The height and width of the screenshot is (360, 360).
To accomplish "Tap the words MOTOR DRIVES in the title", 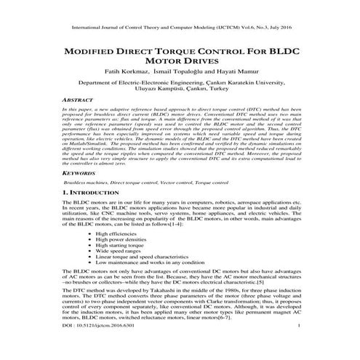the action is tap(180, 64).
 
